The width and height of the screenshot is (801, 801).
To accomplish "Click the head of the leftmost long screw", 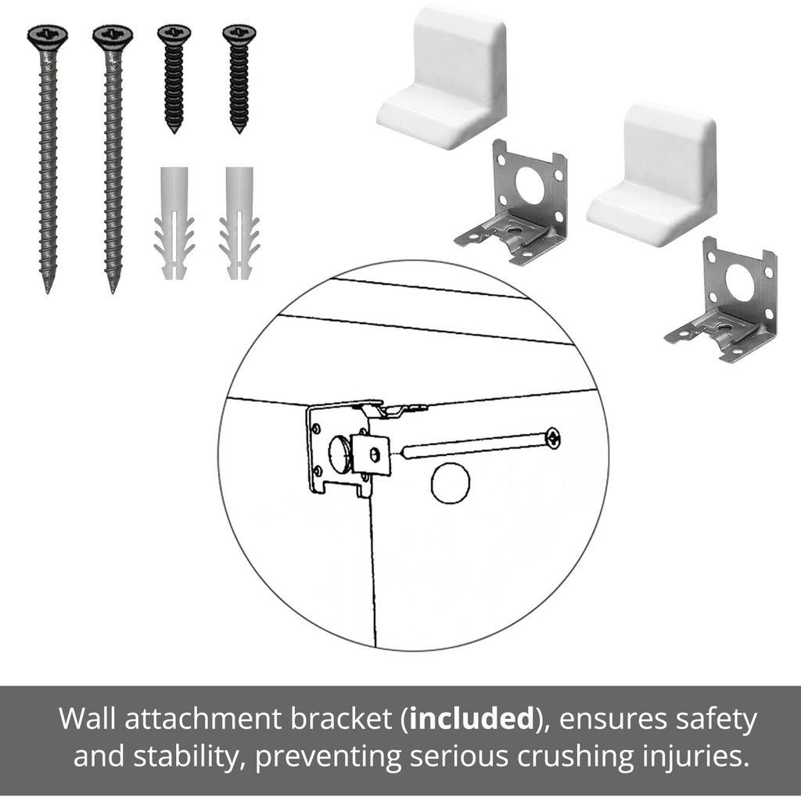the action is point(48,37).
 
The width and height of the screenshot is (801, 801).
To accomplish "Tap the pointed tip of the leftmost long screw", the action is point(48,293).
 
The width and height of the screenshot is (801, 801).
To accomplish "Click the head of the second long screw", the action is point(113,37).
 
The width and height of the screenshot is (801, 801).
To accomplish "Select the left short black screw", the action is point(174,77).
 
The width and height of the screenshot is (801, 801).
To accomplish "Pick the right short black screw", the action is point(239,77).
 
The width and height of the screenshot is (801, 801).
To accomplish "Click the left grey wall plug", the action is point(174,223).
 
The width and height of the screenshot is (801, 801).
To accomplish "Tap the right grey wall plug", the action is point(239,223).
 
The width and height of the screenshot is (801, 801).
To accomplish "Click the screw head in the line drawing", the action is point(553,438).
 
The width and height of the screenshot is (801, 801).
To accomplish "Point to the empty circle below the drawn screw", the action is point(450,483).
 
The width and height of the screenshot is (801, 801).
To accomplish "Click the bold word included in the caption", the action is point(472,719).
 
